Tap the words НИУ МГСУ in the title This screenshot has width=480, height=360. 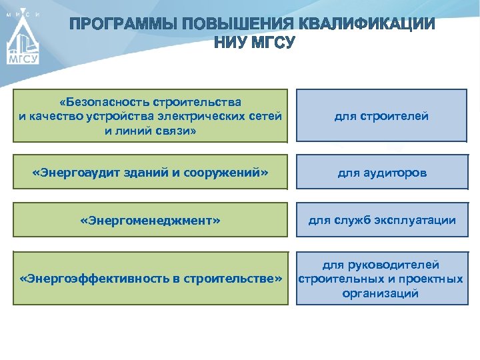(x=253, y=43)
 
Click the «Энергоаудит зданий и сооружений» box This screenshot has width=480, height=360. (x=150, y=173)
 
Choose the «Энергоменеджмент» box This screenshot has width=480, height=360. (x=150, y=220)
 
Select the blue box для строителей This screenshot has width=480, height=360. (x=381, y=116)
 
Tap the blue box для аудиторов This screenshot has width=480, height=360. (x=381, y=173)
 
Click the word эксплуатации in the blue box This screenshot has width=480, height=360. (x=419, y=220)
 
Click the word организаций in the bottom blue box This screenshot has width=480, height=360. (x=381, y=293)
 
